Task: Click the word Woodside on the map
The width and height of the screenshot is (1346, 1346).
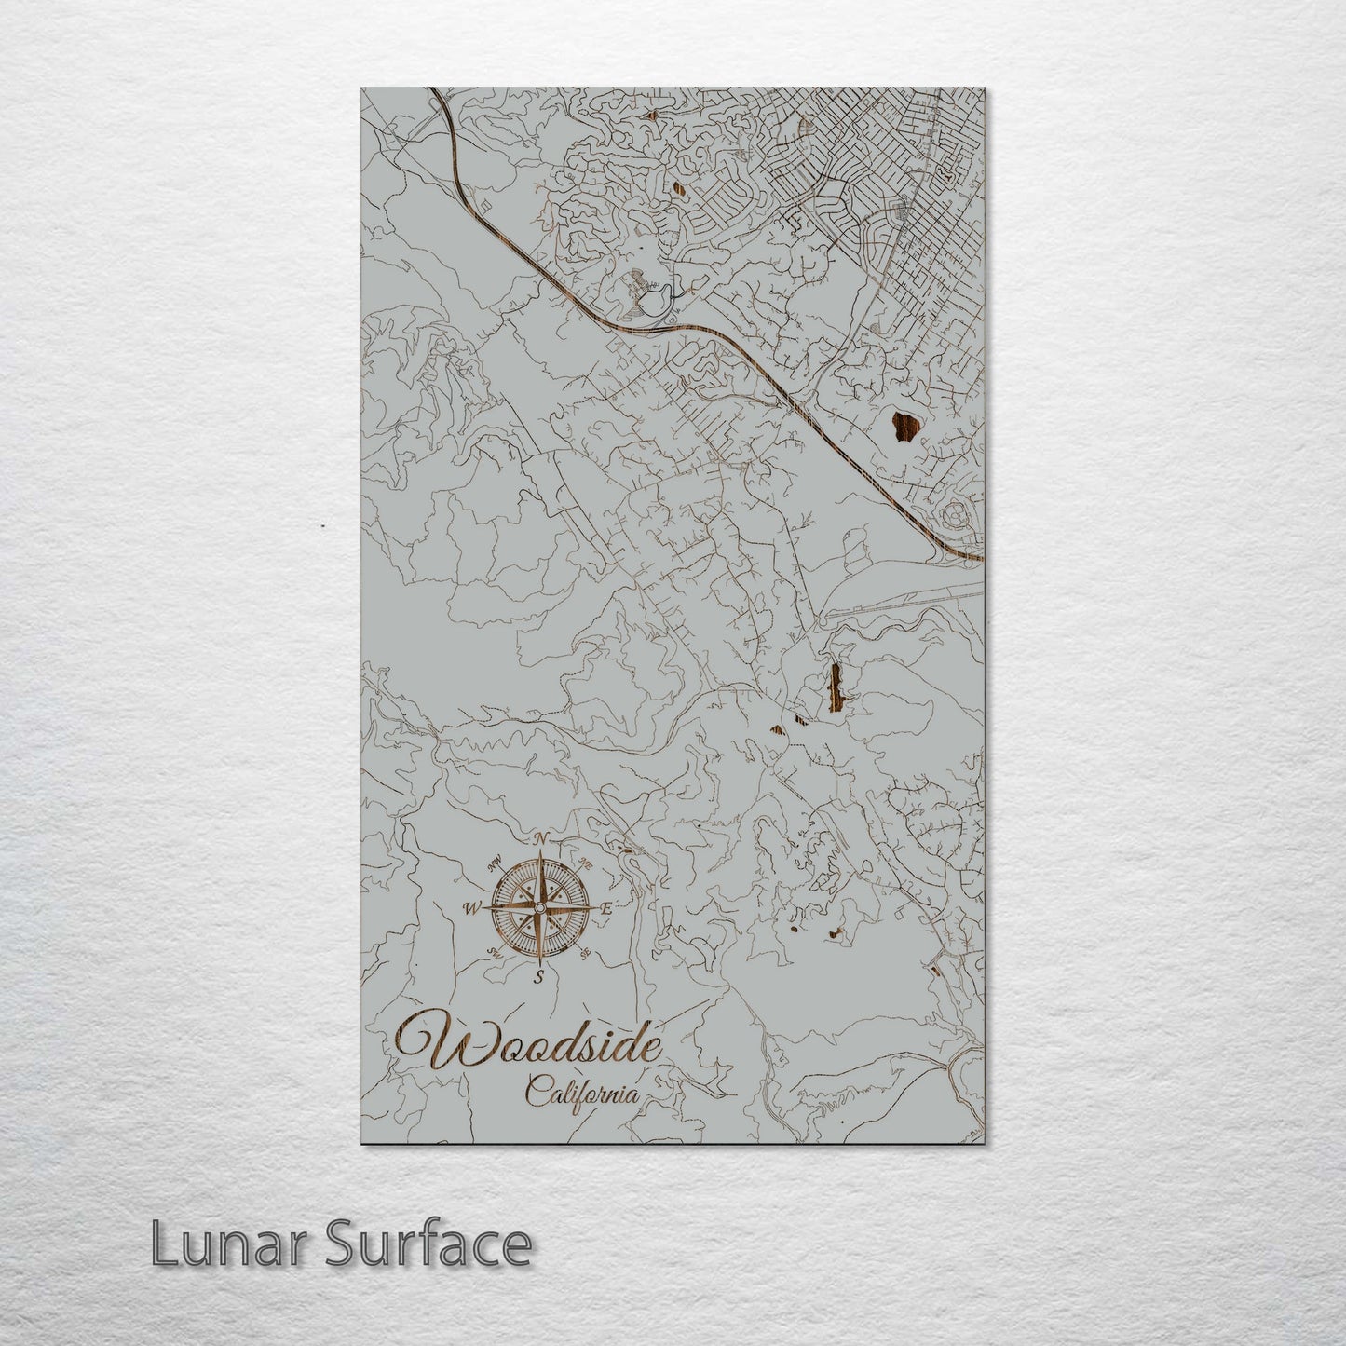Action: point(529,1046)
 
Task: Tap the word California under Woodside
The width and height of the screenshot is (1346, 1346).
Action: point(583,1091)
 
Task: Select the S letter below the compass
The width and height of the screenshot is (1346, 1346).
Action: point(538,976)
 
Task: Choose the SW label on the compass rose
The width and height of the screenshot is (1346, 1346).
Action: point(493,952)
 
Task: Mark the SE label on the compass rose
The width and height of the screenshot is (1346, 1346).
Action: point(585,954)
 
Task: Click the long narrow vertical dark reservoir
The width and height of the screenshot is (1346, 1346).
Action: point(835,687)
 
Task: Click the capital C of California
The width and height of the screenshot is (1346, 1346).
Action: point(536,1090)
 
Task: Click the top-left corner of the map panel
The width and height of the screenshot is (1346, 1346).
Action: point(362,89)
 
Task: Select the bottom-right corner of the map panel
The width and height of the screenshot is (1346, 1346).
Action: point(983,1143)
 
